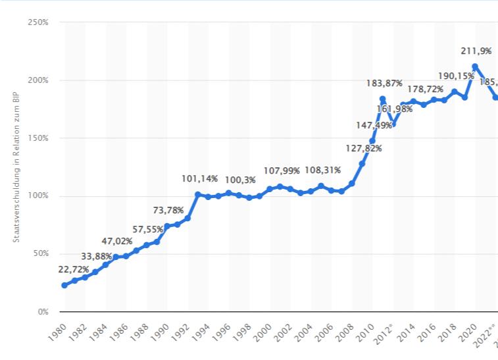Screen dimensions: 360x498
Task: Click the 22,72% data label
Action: point(59,270)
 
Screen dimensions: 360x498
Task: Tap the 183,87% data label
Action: point(384,83)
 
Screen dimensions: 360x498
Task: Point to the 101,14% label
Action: point(199,178)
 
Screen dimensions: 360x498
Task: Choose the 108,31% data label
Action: point(323,170)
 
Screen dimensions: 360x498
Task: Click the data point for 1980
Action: point(64,285)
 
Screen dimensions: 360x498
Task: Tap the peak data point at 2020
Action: point(475,66)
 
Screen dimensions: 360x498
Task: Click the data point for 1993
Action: point(198,195)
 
